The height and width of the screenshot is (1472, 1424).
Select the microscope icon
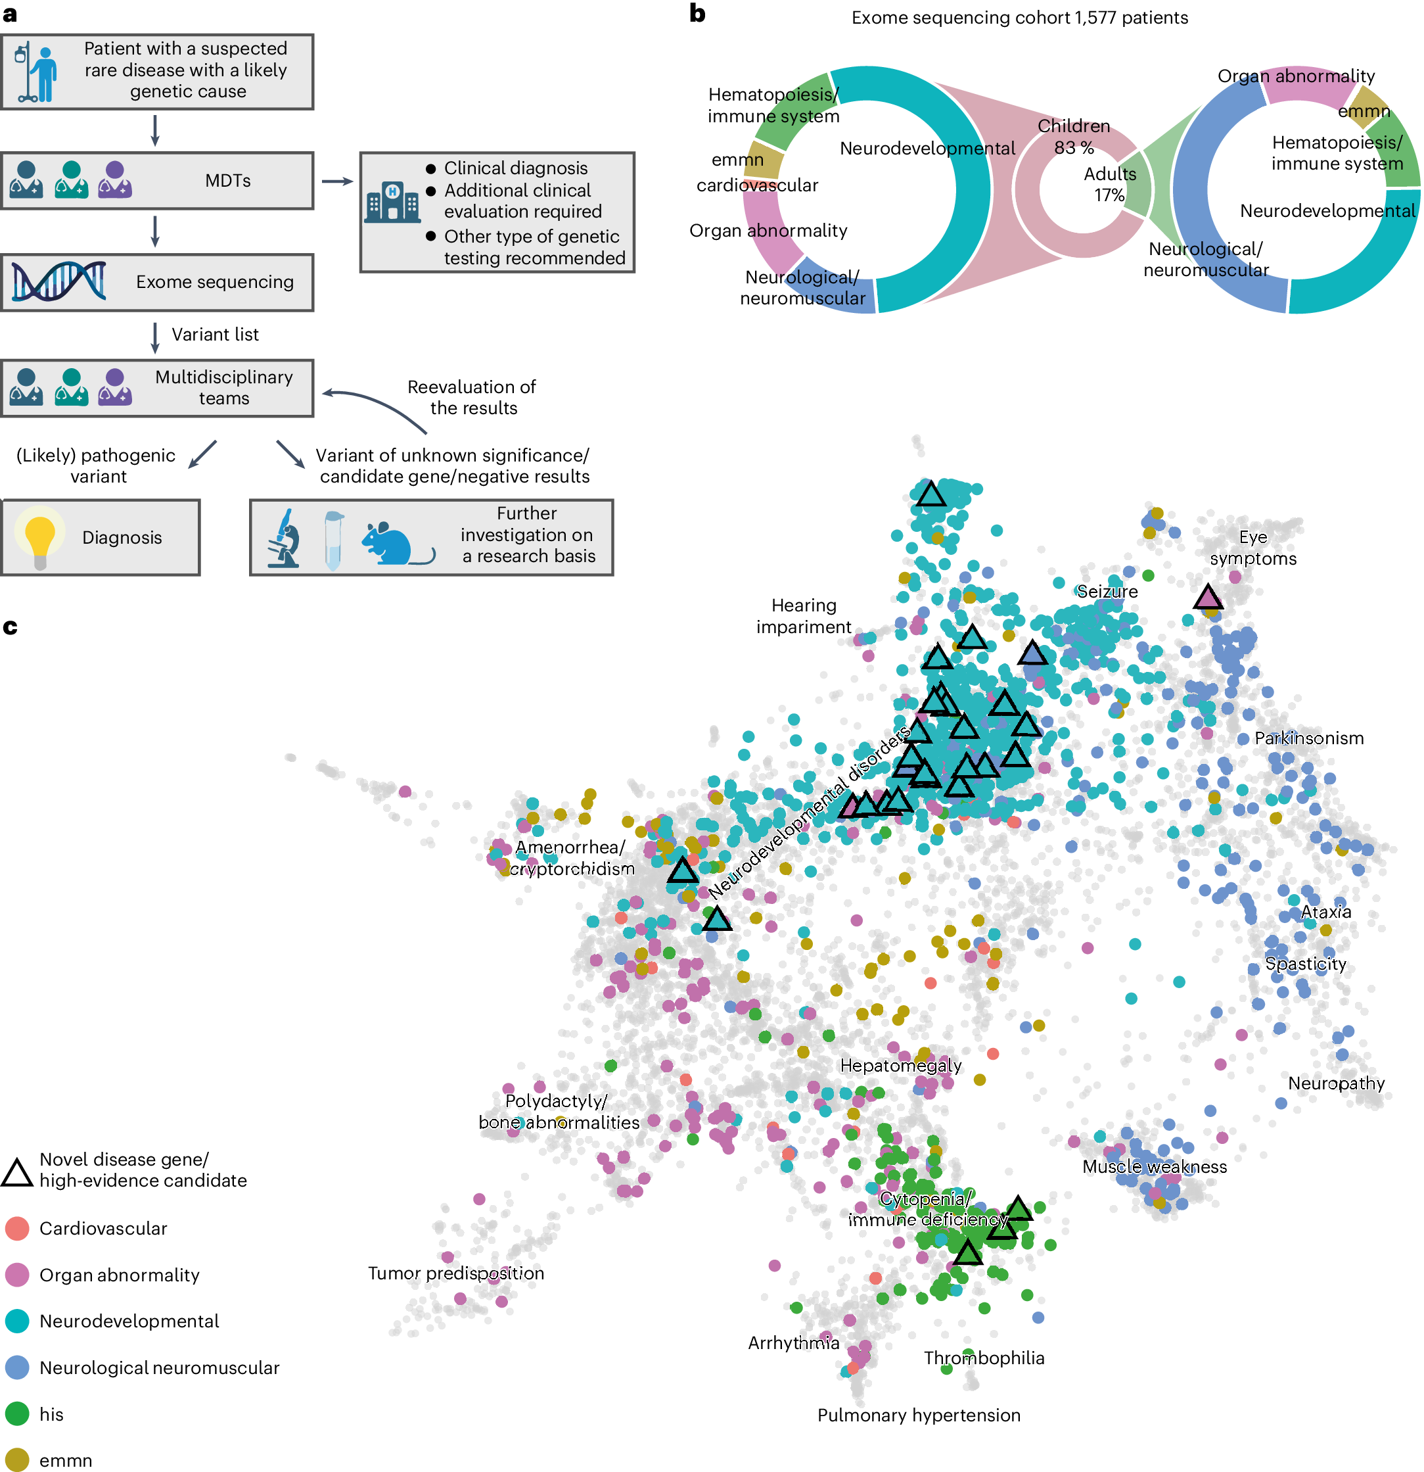285,538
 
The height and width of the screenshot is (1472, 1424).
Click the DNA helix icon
58,281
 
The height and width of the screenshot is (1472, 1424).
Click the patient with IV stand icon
37,72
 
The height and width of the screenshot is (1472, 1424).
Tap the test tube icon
333,540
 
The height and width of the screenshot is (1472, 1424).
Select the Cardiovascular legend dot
16,1228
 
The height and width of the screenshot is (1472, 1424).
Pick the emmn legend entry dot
16,1460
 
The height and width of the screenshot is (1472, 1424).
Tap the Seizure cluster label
1107,592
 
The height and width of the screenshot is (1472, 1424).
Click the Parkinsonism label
1308,738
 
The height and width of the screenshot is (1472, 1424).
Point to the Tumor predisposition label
455,1273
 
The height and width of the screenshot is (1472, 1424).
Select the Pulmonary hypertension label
918,1415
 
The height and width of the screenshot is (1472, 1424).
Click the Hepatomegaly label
900,1065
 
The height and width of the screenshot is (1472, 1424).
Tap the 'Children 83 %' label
1074,137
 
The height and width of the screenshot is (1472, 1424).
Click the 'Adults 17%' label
1109,184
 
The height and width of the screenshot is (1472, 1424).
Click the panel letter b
697,14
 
